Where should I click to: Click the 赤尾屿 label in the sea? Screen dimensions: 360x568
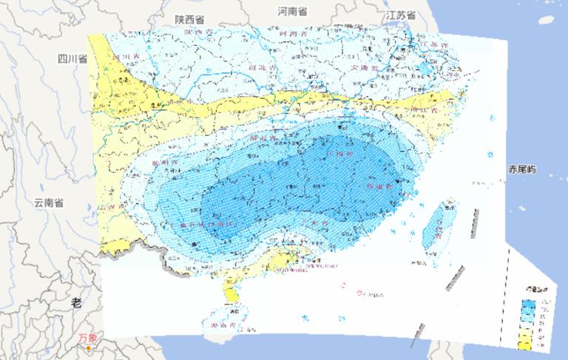tap(521, 170)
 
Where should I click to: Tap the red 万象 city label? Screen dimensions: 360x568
tap(87, 338)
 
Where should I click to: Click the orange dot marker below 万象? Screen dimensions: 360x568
tap(88, 347)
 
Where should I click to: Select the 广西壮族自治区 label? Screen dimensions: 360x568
tap(201, 223)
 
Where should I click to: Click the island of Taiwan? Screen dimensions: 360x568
tap(437, 225)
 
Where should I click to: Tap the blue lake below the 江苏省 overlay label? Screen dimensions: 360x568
tap(425, 71)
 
